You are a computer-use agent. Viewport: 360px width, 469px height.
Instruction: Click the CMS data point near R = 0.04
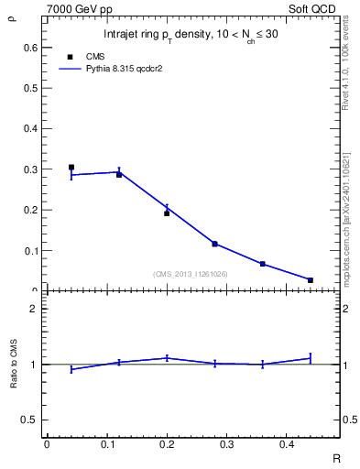click(71, 168)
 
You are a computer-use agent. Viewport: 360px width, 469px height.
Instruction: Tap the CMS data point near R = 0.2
click(167, 213)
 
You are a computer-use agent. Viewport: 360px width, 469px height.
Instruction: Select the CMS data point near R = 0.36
click(262, 264)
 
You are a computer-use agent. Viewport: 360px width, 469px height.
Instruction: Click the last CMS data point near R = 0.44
click(310, 279)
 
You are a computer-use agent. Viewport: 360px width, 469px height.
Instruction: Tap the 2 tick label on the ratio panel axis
click(35, 309)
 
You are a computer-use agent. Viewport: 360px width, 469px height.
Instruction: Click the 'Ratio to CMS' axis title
click(14, 364)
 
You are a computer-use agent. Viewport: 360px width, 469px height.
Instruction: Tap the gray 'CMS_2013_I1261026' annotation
click(191, 274)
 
